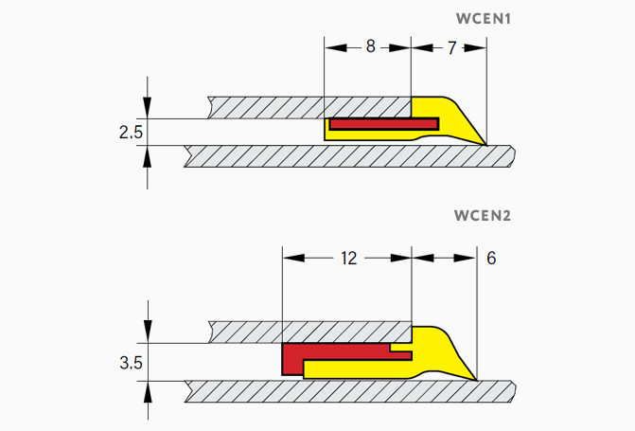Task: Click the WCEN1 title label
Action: click(484, 18)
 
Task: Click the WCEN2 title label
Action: click(483, 215)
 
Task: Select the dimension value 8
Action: click(370, 46)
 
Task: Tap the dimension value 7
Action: click(451, 47)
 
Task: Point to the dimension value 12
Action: click(348, 258)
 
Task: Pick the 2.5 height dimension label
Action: click(131, 133)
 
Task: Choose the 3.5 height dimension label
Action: click(131, 362)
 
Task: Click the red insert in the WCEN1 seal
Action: click(383, 123)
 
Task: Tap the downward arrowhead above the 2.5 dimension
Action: click(148, 112)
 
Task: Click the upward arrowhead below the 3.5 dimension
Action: click(148, 388)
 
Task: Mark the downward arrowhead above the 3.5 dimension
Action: click(148, 336)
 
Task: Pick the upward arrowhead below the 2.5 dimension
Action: click(148, 153)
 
